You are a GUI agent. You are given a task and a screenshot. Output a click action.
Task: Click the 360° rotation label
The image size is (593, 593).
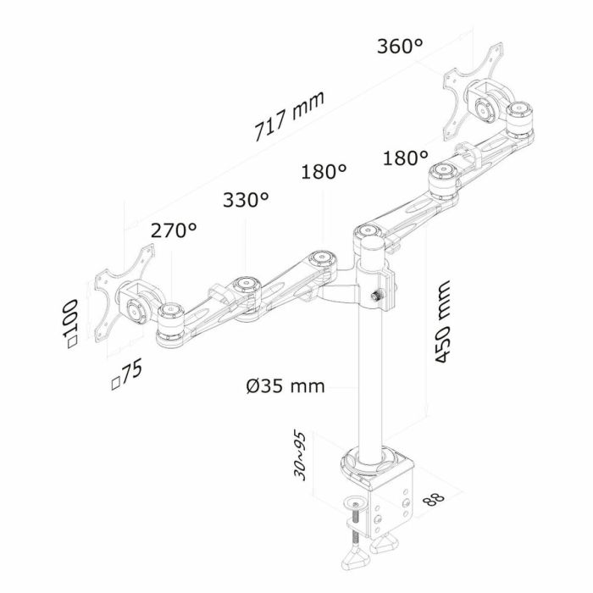point(400,46)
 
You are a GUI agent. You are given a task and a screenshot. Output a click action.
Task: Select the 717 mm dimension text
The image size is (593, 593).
point(290,117)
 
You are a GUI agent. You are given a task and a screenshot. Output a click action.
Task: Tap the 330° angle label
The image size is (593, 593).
point(246,200)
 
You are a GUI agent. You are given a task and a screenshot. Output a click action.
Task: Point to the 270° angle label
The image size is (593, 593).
point(173,230)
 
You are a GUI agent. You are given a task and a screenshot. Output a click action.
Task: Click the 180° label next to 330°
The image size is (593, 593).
point(324,172)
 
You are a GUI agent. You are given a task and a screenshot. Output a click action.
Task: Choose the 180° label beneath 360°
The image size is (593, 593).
point(405,158)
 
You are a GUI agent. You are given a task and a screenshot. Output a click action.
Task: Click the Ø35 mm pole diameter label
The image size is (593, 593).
point(285,386)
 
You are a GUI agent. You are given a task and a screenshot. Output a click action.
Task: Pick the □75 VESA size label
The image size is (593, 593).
point(127,374)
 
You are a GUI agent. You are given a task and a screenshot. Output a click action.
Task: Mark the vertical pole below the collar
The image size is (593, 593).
point(372,381)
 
